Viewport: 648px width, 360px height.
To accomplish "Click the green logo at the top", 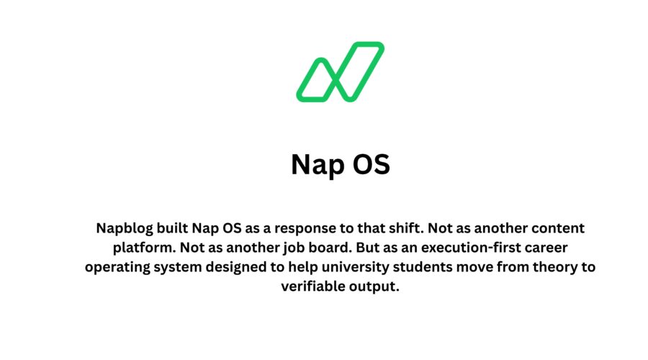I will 340,71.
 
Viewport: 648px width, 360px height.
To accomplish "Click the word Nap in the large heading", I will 315,164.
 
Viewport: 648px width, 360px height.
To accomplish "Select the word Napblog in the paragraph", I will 127,229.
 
